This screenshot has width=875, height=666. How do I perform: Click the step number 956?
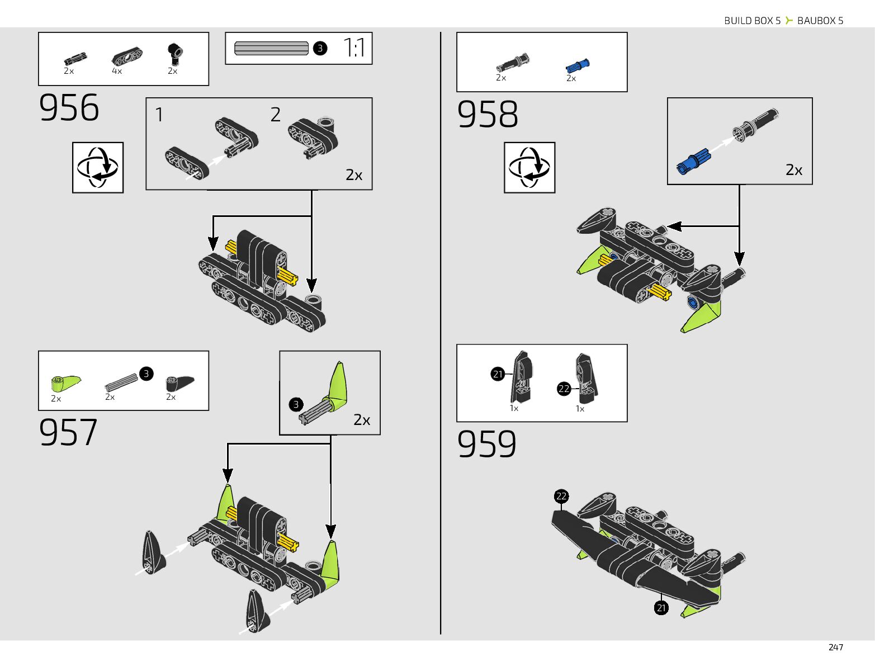point(69,108)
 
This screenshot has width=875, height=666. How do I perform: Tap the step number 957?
point(68,432)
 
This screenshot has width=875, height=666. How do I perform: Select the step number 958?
point(488,115)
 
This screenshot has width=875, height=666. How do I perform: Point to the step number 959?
point(487,445)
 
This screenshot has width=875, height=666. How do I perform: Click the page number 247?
point(835,647)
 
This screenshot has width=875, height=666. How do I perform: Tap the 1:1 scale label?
point(354,48)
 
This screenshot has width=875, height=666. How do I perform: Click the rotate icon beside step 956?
point(98,167)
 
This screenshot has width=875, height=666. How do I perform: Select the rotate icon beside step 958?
point(529,167)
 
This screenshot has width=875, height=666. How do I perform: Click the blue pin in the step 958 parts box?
point(578,66)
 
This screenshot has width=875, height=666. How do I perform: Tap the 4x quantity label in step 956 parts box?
point(117,71)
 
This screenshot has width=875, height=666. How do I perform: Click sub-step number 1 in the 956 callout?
point(159,115)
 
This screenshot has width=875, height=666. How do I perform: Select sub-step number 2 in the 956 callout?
point(275,115)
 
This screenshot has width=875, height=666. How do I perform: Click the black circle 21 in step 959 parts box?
point(498,374)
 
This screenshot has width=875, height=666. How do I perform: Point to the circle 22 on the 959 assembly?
point(561,496)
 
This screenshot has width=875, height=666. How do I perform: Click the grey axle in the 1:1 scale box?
point(271,48)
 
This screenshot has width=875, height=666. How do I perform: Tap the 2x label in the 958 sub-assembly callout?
point(794,170)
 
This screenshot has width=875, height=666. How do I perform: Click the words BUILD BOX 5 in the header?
point(752,21)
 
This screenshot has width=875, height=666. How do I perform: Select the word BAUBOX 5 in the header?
point(820,21)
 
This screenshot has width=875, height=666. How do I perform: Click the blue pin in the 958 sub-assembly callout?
point(692,162)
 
